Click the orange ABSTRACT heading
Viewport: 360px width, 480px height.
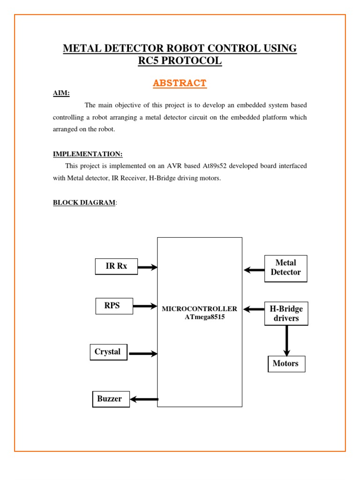click(180, 83)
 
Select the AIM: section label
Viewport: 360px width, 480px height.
click(61, 93)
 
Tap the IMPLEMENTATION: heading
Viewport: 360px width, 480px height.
click(88, 154)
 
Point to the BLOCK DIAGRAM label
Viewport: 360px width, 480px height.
click(84, 202)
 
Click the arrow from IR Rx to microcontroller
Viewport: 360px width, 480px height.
click(148, 267)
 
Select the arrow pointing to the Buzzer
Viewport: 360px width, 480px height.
click(144, 399)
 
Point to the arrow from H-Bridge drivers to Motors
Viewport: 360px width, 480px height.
click(286, 341)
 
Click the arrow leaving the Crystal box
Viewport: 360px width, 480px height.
click(143, 353)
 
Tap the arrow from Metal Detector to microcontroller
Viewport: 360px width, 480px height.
click(254, 270)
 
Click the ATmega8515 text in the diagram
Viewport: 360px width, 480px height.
click(204, 317)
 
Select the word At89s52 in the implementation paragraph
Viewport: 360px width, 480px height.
click(214, 166)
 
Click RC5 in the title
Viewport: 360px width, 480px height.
click(148, 60)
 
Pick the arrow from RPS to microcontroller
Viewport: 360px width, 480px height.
click(145, 306)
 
